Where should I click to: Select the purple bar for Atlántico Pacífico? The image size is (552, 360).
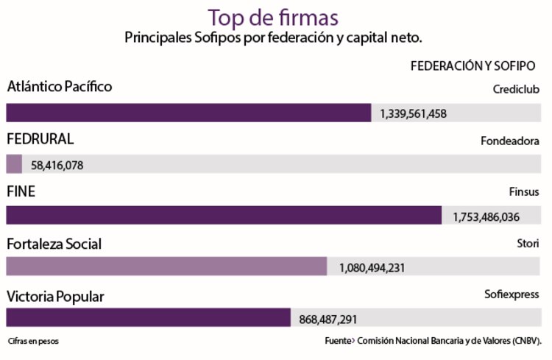pos(188,113)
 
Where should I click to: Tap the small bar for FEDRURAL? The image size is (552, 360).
pos(14,164)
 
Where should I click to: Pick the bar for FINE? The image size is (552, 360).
pos(224,216)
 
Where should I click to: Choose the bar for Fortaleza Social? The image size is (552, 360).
pos(166,267)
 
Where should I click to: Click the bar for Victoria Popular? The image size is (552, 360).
pos(148,318)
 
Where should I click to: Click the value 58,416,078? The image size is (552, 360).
pos(57,165)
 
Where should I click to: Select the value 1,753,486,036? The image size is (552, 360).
pos(486,216)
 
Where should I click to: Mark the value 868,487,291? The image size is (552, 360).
pos(328,320)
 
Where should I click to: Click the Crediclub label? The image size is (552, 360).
pos(516,89)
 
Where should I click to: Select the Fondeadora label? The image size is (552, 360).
pos(510,141)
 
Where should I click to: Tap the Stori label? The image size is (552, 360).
pos(528,243)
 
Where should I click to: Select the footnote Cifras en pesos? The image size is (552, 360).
pos(33,342)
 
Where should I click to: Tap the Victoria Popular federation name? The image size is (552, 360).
pos(55,297)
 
